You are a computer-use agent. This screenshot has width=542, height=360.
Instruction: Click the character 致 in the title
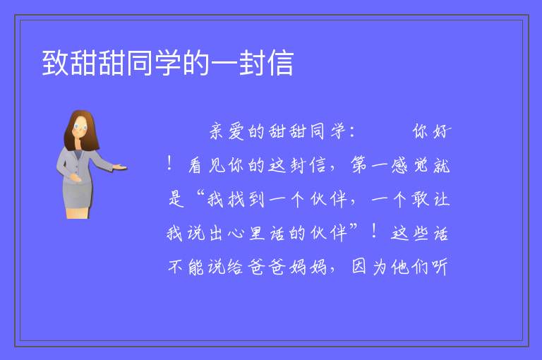pyautogui.click(x=56, y=63)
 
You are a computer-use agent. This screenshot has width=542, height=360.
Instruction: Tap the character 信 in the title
pyautogui.click(x=280, y=63)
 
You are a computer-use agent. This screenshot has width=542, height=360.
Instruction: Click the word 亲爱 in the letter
pyautogui.click(x=227, y=131)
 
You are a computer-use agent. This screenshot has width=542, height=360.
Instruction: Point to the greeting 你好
pyautogui.click(x=432, y=131)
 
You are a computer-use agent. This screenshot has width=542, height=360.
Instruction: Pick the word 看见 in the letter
pyautogui.click(x=207, y=165)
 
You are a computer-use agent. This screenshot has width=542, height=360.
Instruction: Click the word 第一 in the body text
pyautogui.click(x=369, y=165)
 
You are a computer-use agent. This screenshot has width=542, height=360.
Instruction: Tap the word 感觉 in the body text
pyautogui.click(x=410, y=165)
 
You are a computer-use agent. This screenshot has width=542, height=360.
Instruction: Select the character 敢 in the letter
pyautogui.click(x=420, y=199)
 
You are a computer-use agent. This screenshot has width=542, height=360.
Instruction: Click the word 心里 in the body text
pyautogui.click(x=246, y=234)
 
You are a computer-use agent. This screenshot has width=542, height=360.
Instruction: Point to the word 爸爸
pyautogui.click(x=267, y=267)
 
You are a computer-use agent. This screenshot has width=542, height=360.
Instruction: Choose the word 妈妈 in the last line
pyautogui.click(x=308, y=267)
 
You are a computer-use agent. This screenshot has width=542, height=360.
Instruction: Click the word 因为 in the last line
pyautogui.click(x=369, y=267)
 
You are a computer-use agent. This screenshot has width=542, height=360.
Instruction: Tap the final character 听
pyautogui.click(x=440, y=267)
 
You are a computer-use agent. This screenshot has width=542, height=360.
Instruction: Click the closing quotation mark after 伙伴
pyautogui.click(x=354, y=227)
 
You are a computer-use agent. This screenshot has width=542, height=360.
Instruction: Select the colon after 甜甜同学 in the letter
pyautogui.click(x=352, y=132)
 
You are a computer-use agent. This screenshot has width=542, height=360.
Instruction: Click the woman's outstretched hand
pyautogui.click(x=120, y=167)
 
